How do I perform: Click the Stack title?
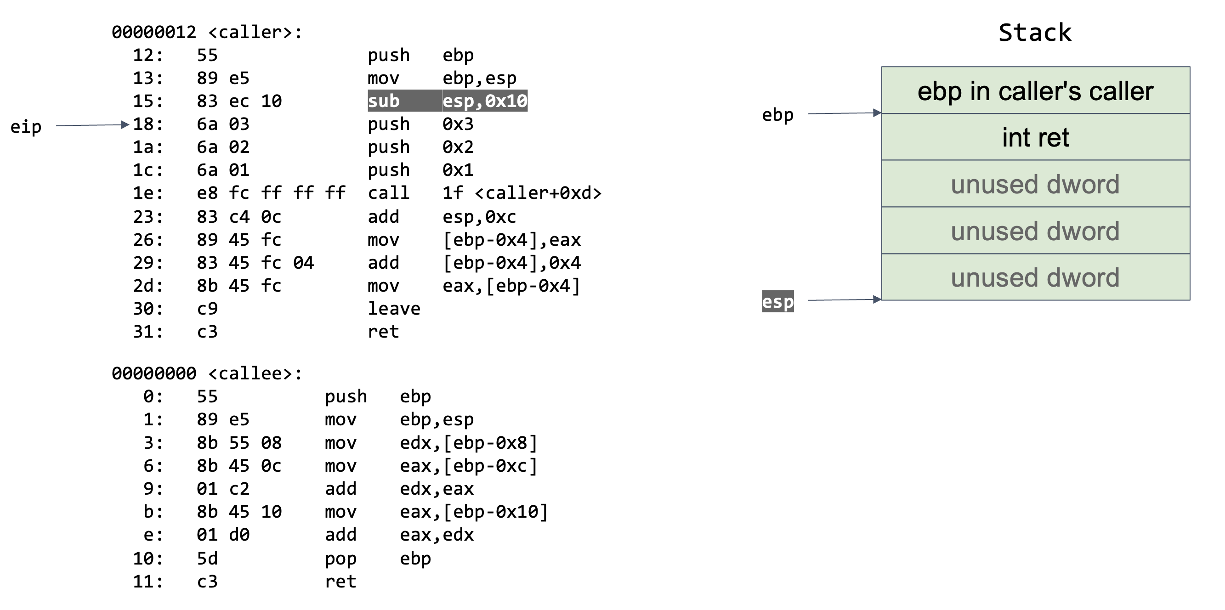pyautogui.click(x=1034, y=33)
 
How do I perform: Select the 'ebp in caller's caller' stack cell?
pyautogui.click(x=1035, y=91)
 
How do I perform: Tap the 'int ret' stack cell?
pyautogui.click(x=1035, y=137)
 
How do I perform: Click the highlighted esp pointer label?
pyautogui.click(x=777, y=301)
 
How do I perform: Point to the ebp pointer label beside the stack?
pyautogui.click(x=777, y=115)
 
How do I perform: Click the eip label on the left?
pyautogui.click(x=26, y=127)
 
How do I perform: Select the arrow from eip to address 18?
pyautogui.click(x=92, y=125)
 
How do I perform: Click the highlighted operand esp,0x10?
pyautogui.click(x=485, y=101)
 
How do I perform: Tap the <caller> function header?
pyautogui.click(x=207, y=32)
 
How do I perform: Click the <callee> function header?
pyautogui.click(x=207, y=374)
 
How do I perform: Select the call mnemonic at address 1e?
pyautogui.click(x=389, y=193)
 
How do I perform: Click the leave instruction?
pyautogui.click(x=394, y=309)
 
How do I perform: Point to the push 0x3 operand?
pyautogui.click(x=458, y=124)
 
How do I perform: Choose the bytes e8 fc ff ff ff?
pyautogui.click(x=271, y=193)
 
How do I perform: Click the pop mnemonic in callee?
pyautogui.click(x=340, y=558)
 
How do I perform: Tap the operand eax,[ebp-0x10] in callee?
pyautogui.click(x=474, y=512)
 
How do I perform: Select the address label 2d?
pyautogui.click(x=148, y=286)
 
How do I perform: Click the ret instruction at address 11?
pyautogui.click(x=340, y=582)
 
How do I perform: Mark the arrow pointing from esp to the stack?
pyautogui.click(x=845, y=299)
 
